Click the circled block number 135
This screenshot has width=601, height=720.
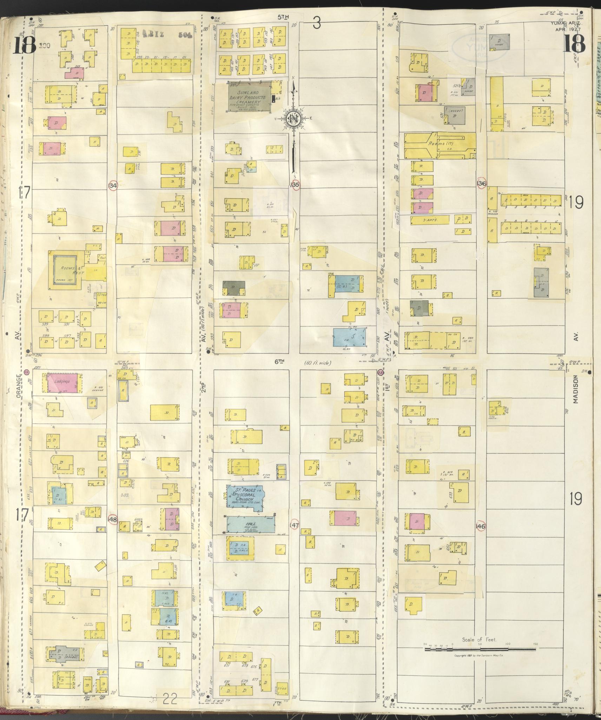click(x=295, y=184)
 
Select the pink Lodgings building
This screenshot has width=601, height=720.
click(x=62, y=382)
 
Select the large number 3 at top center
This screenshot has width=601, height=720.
click(x=317, y=25)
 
